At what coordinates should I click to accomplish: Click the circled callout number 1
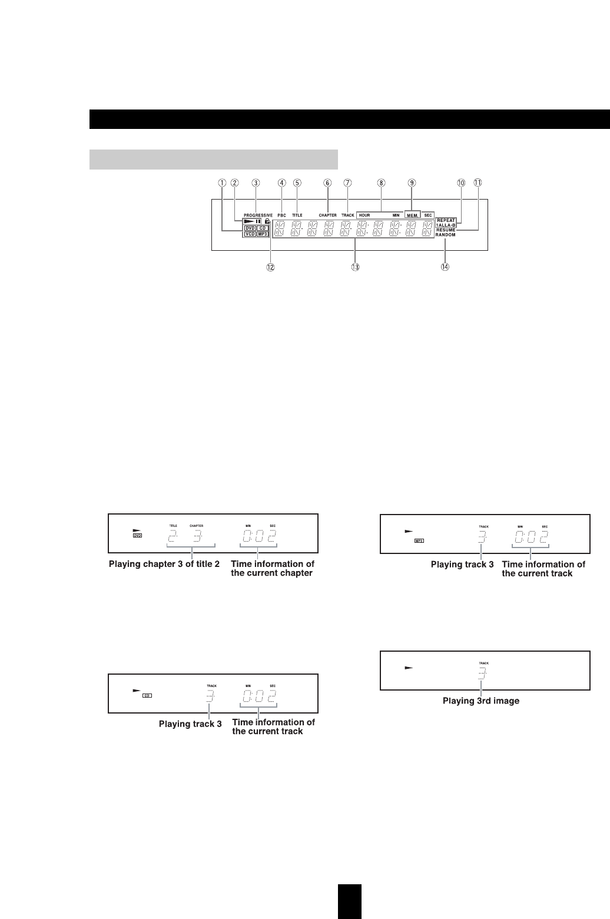222,183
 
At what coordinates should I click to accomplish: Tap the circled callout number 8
381,183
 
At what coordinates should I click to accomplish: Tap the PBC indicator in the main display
282,215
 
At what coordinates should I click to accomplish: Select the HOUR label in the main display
364,215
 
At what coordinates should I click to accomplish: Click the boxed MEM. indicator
412,215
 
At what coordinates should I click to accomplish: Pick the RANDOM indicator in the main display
446,235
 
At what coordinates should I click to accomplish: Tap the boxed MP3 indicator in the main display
263,234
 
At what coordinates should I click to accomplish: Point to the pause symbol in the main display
258,222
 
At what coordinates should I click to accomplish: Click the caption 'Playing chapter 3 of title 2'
164,564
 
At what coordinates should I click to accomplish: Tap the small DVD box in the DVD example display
138,536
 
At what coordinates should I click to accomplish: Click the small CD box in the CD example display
147,695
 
